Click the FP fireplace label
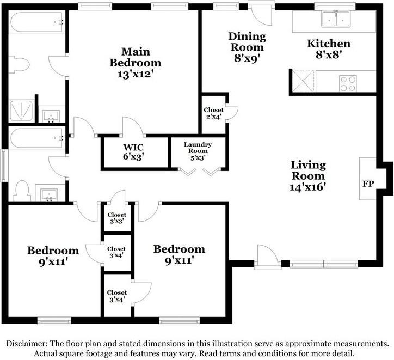pos(368,184)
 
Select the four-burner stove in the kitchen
pos(348,83)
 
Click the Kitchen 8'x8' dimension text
pos(329,54)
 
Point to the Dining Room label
pos(247,42)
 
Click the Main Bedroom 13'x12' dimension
pos(136,74)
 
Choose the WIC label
pos(133,147)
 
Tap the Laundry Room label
pos(198,148)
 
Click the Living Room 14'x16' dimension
pos(308,187)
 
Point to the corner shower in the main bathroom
pos(21,111)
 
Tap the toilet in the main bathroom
pos(19,65)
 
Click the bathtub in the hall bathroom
pos(36,138)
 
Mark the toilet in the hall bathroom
pos(22,191)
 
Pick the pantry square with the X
pos(303,81)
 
